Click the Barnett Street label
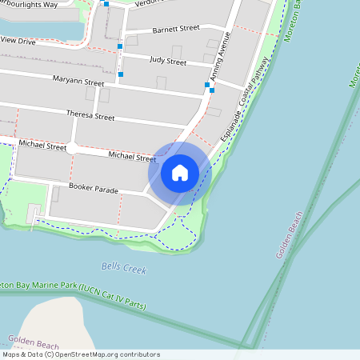[x=175, y=28]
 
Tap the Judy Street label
[x=168, y=62]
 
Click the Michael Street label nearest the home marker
[x=132, y=157]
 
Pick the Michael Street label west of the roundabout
[x=43, y=146]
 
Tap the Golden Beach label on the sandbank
[x=34, y=340]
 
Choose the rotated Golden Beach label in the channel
[x=290, y=234]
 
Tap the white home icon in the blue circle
[x=180, y=172]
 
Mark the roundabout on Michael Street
[x=72, y=148]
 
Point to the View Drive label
[x=18, y=39]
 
